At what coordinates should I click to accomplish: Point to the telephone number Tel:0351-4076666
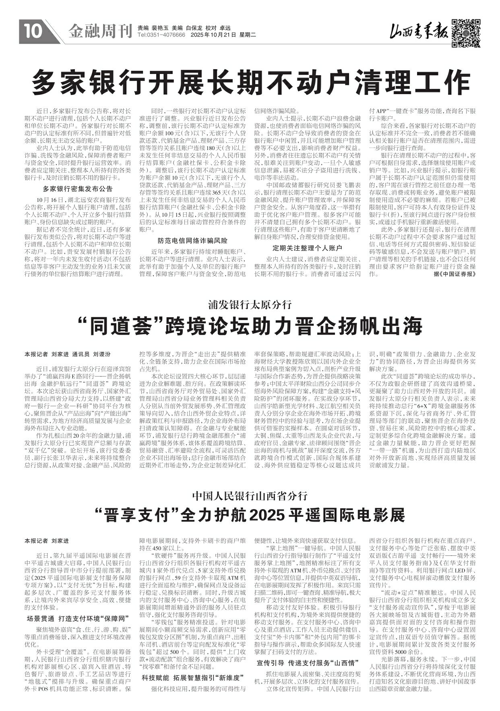pos(161,35)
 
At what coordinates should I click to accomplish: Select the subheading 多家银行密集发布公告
pos(78,189)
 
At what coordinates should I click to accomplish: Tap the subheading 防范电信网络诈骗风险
pos(192,240)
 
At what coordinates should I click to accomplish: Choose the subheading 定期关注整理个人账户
pos(307,247)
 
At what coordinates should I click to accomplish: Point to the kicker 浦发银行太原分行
pos(250,305)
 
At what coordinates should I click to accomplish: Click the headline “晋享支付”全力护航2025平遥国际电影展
pos(250,514)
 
